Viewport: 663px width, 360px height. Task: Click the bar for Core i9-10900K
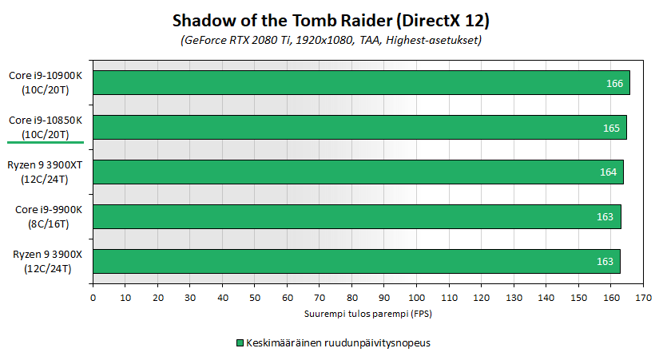tap(361, 83)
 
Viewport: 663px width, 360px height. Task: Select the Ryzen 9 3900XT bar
tap(358, 172)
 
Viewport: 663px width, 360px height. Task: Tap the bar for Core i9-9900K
tap(357, 217)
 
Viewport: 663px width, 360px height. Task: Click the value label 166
tap(614, 84)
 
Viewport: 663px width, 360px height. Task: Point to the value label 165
tap(611, 128)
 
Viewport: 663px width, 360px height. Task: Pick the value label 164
tap(608, 172)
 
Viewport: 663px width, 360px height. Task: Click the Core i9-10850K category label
tap(46, 127)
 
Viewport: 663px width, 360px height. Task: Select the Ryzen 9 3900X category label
tap(47, 262)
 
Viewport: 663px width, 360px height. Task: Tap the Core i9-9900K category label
tap(49, 217)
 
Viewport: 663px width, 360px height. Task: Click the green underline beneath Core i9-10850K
tap(46, 142)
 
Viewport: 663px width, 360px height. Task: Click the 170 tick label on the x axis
tap(643, 298)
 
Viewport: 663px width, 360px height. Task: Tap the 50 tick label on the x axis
tap(255, 298)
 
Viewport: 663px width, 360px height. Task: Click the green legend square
tap(240, 342)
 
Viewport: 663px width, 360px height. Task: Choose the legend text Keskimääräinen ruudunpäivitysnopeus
tap(338, 342)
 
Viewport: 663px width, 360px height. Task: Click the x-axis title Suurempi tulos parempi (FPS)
tap(368, 314)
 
